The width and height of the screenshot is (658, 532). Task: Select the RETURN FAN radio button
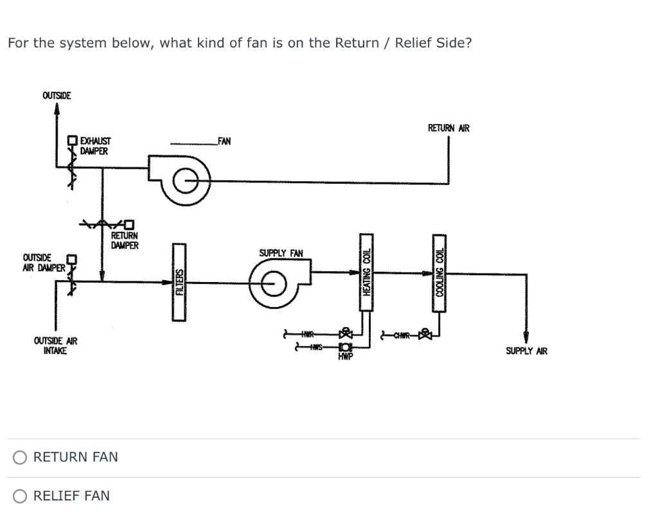(21, 457)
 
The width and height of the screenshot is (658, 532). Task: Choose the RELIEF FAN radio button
(21, 496)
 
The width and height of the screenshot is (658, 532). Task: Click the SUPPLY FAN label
(281, 253)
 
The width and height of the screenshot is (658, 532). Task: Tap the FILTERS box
(180, 282)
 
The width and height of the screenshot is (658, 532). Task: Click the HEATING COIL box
(366, 272)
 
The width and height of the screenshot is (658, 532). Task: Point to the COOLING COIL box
(440, 272)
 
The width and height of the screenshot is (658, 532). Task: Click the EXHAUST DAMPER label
(95, 146)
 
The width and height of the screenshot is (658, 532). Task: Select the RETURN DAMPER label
(124, 240)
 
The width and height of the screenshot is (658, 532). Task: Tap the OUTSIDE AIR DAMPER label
(43, 263)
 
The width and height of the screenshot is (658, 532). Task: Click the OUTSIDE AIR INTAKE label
(55, 346)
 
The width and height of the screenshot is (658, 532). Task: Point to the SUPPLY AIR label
(526, 351)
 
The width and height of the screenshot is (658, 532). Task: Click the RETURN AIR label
(449, 129)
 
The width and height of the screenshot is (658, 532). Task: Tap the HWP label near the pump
(345, 357)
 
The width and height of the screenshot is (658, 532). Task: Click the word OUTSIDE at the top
(57, 96)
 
